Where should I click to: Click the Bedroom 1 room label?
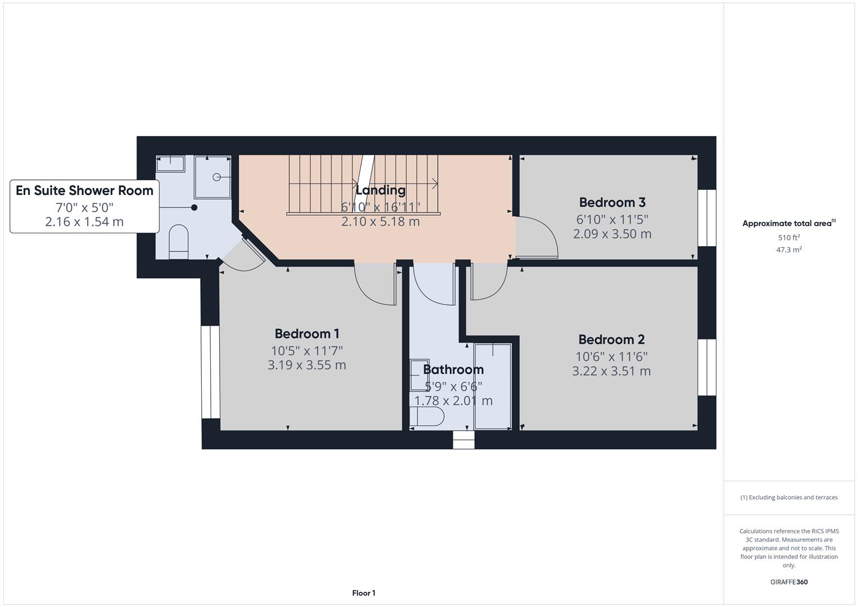pyautogui.click(x=307, y=334)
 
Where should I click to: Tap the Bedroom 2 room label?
pyautogui.click(x=611, y=339)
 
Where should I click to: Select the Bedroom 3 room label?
pyautogui.click(x=612, y=202)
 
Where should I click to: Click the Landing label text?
pyautogui.click(x=380, y=190)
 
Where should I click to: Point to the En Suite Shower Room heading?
pyautogui.click(x=84, y=191)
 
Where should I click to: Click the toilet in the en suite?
pyautogui.click(x=179, y=241)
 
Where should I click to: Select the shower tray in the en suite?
pyautogui.click(x=212, y=177)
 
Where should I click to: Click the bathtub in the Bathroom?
pyautogui.click(x=492, y=386)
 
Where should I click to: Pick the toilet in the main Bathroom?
pyautogui.click(x=426, y=416)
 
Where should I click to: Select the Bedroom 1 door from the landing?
pyautogui.click(x=375, y=284)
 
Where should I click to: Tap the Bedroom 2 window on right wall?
pyautogui.click(x=707, y=368)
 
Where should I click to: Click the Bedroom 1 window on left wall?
pyautogui.click(x=211, y=372)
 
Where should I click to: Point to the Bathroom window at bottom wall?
pyautogui.click(x=464, y=440)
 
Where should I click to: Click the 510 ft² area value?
pyautogui.click(x=789, y=238)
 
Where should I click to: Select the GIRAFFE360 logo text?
pyautogui.click(x=789, y=582)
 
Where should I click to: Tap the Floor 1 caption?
pyautogui.click(x=364, y=593)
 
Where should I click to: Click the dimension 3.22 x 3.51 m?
pyautogui.click(x=611, y=371)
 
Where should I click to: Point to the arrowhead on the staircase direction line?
pyautogui.click(x=435, y=183)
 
